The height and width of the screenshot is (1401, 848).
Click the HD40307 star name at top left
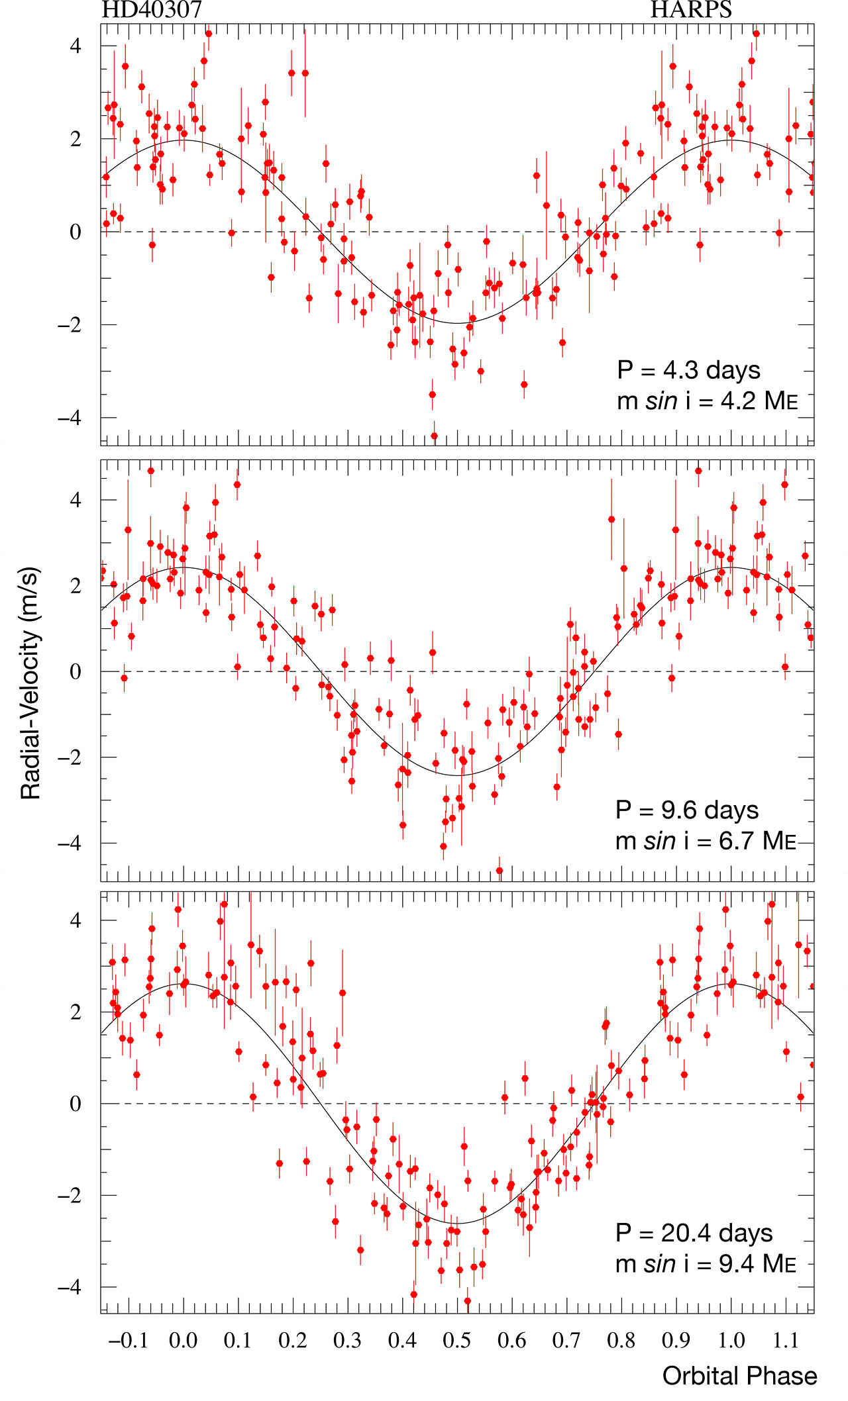[152, 10]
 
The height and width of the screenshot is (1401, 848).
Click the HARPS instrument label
[691, 10]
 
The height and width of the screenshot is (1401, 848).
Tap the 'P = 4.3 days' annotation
[688, 369]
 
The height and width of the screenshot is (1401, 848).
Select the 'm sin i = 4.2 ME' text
[707, 401]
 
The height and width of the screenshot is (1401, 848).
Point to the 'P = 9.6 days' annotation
[687, 809]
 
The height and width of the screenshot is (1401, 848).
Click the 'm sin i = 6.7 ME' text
[706, 840]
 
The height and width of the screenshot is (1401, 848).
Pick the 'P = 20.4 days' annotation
[694, 1233]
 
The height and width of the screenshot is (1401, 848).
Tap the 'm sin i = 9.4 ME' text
[706, 1264]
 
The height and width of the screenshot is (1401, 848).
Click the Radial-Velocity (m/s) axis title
[30, 683]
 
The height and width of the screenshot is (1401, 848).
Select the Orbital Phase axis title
[739, 1375]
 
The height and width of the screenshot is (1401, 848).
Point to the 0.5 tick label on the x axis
[457, 1341]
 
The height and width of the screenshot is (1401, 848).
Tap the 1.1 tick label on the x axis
[786, 1341]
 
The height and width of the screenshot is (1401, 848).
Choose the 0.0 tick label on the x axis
[183, 1341]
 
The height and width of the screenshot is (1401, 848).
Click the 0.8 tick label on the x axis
[621, 1341]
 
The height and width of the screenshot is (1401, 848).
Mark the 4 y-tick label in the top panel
[76, 46]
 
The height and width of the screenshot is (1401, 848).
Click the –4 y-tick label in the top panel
[70, 418]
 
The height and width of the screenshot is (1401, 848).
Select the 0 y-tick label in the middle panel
[76, 671]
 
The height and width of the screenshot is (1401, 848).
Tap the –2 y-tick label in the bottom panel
[70, 1195]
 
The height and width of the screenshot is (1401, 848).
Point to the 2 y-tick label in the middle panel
[76, 586]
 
